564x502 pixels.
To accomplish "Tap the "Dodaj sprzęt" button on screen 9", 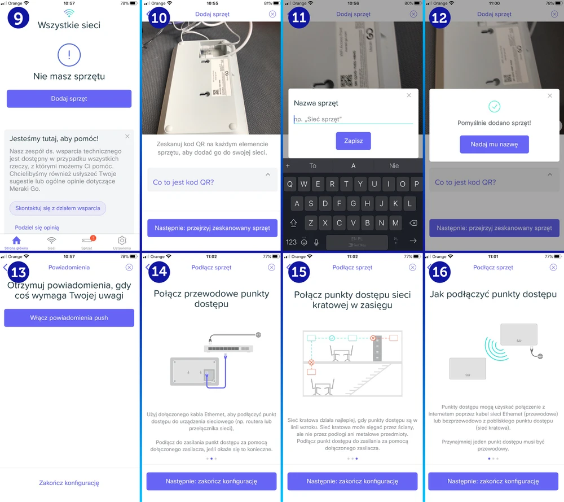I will tap(69, 99).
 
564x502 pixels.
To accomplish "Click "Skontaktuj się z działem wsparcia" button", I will tap(58, 208).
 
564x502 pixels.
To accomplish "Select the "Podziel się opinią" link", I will tap(37, 228).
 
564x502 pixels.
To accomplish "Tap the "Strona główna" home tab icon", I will tap(16, 241).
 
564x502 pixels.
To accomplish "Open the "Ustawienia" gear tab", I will tap(121, 241).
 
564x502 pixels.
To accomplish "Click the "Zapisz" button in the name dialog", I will tap(353, 141).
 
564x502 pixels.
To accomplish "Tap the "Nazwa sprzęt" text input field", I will tap(353, 119).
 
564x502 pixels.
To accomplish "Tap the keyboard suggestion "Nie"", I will tap(394, 166).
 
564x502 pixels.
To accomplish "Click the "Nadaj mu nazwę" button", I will tap(494, 145).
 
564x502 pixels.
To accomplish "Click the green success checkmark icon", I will tap(494, 106).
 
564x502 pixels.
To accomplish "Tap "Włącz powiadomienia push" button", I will tap(69, 318).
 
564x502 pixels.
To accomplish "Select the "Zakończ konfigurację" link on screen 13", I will tap(69, 483).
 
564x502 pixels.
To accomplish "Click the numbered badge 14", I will tap(160, 272).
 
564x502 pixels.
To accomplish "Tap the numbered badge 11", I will tap(299, 18).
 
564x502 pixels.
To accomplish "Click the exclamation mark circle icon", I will tap(69, 55).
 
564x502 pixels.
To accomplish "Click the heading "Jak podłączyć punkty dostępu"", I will tap(493, 294).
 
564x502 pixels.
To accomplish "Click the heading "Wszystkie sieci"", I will tap(69, 25).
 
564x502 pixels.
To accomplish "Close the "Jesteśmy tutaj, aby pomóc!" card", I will tap(127, 137).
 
